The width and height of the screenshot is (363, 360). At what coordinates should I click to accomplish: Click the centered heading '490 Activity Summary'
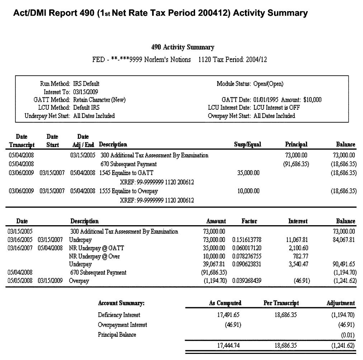(x=183, y=47)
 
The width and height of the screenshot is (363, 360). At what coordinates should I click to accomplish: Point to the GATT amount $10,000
(x=312, y=100)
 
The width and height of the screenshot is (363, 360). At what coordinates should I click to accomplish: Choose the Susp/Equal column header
(x=247, y=145)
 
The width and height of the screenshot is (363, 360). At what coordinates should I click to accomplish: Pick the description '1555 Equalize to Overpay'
(x=128, y=191)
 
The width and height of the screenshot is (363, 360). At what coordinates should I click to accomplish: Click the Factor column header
(x=249, y=221)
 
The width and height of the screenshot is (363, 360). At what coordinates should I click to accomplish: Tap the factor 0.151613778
(x=247, y=240)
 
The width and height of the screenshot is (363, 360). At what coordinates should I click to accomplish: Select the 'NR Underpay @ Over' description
(x=94, y=256)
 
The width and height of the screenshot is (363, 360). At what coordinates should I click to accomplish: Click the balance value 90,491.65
(x=344, y=264)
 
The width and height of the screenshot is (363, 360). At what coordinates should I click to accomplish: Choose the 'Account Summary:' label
(x=121, y=303)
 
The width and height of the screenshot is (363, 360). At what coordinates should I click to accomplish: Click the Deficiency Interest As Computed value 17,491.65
(x=228, y=315)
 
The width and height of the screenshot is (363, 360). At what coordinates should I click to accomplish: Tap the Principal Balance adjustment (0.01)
(x=347, y=335)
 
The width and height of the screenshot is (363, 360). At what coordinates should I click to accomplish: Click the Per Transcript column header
(x=281, y=303)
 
